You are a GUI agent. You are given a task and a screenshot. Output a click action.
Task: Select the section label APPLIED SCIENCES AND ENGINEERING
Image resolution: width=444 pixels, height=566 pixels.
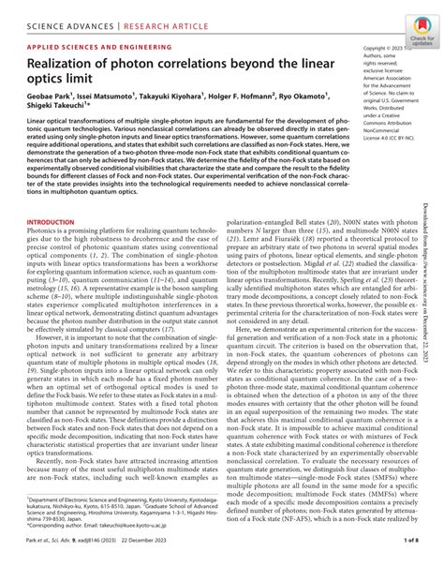point(98,45)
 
